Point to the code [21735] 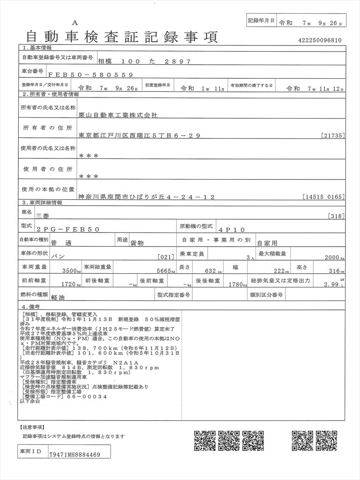(x=334, y=135)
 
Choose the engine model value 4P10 (x=231, y=230)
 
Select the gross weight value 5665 (x=162, y=271)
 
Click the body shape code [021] (x=167, y=258)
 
